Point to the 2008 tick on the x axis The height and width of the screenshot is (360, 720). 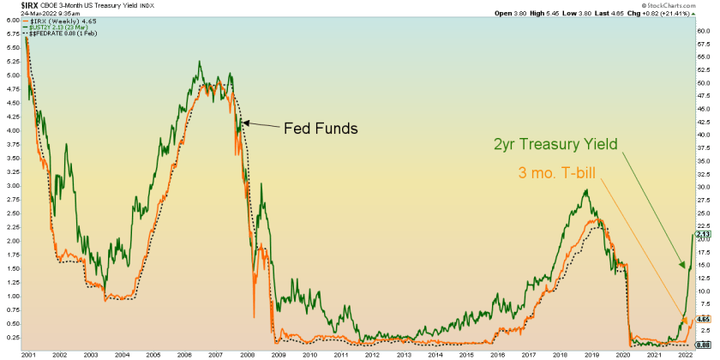pos(246,353)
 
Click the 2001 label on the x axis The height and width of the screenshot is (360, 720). pos(28,353)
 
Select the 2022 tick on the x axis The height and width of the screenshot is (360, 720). pos(683,353)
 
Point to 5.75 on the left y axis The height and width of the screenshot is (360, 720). pos(11,34)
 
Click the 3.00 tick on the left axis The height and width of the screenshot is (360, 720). pos(11,185)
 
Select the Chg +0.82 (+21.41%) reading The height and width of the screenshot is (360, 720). pos(673,14)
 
